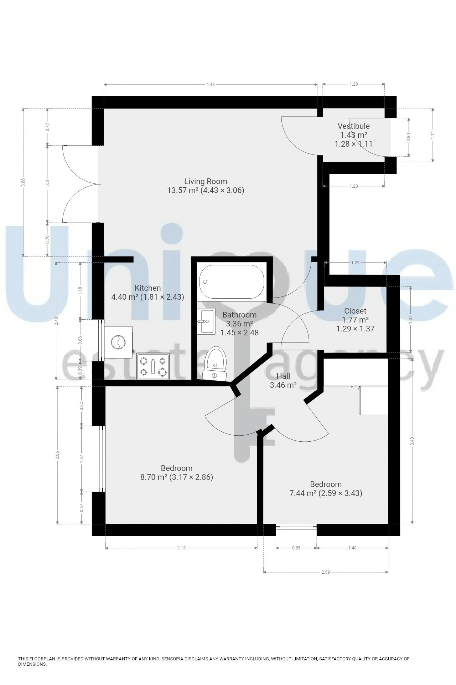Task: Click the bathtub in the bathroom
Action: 232,281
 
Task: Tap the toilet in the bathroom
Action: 215,363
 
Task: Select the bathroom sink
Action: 206,321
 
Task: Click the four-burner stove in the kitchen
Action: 153,366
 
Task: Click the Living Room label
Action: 206,181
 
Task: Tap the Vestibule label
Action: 353,126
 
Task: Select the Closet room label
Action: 355,311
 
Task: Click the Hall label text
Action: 283,376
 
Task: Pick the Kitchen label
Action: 147,288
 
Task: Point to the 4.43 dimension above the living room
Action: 211,84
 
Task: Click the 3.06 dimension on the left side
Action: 23,182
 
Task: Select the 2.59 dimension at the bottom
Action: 326,572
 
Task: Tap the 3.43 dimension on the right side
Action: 412,441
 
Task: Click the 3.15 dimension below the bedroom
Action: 181,548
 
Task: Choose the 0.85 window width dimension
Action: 296,548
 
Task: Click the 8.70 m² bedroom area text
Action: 154,477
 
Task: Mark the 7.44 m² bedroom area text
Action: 303,493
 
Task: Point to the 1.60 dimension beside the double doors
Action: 47,184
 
